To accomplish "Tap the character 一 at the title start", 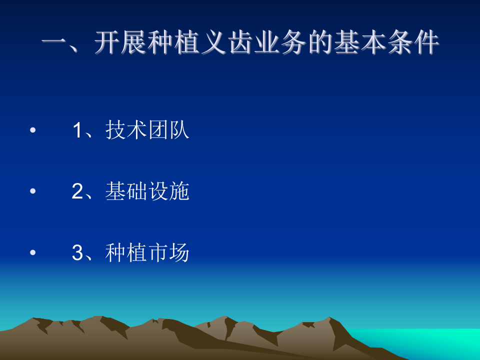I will pos(54,44).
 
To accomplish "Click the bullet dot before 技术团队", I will pos(33,131).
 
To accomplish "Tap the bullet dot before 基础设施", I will pos(33,192).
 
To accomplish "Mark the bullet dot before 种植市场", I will pos(33,253).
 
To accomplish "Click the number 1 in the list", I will pos(77,131).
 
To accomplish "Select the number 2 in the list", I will pos(77,192).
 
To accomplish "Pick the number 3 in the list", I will pos(77,253).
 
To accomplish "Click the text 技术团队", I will pos(147,131).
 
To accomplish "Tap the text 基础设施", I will pos(147,192).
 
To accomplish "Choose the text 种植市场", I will pos(147,253).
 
